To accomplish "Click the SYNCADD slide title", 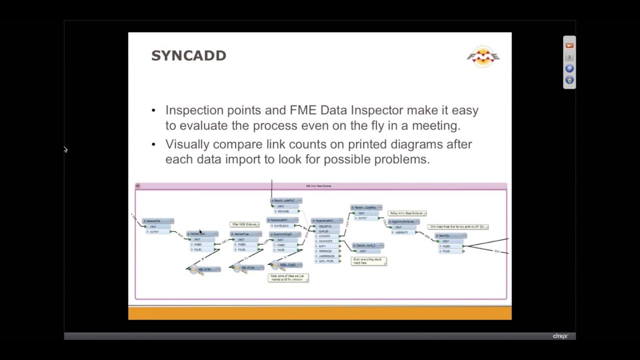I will pos(188,55).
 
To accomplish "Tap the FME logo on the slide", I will pos(483,56).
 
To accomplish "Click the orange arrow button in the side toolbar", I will pos(569,45).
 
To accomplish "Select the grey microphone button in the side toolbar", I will pos(569,57).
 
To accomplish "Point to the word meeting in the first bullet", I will pos(435,125).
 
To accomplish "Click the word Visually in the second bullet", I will pos(187,144).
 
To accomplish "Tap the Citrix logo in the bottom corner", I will pos(560,336).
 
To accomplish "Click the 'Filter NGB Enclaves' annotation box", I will pos(244,224).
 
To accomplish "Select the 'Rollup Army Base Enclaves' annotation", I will pos(407,213).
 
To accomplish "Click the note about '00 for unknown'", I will pos(288,277).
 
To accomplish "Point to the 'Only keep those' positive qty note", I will pos(458,227).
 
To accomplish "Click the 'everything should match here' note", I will pos(369,261).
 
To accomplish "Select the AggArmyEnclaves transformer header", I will pos(403,221).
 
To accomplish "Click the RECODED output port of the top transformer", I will pos(283,211).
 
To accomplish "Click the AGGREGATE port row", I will pos(401,232).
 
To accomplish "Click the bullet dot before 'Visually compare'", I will pos(153,144).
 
